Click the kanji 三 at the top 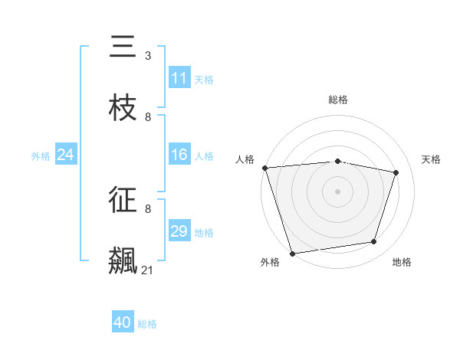123,47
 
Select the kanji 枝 123,108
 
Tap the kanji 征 123,200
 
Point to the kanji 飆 123,260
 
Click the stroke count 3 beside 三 148,56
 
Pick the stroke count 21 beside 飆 147,270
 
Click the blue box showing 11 179,78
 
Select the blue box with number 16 179,155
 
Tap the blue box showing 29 179,231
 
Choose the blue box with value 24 66,155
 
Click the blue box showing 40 123,323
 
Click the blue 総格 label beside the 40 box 147,324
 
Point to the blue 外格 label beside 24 41,155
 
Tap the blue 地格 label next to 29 204,232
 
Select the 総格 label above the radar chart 338,100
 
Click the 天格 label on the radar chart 432,159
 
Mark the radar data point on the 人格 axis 264,168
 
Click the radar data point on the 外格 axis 292,253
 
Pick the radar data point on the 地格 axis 374,242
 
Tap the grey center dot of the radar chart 338,191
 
